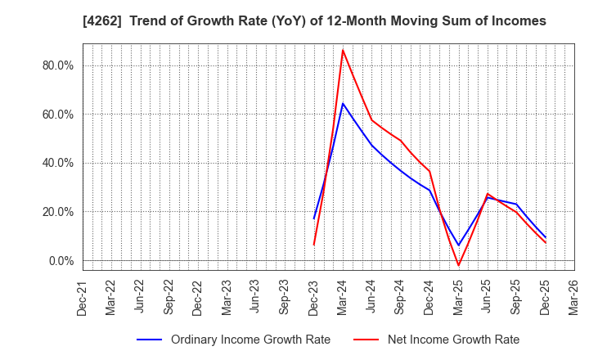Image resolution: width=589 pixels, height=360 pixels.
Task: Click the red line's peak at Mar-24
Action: click(343, 50)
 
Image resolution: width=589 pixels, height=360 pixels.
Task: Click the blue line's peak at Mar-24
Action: click(343, 103)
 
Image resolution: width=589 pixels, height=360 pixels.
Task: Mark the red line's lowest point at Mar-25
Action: click(459, 265)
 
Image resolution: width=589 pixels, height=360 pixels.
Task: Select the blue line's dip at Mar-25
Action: click(459, 245)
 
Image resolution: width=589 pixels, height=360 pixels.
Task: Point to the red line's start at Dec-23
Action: click(314, 245)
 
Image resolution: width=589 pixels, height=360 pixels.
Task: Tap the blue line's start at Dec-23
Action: click(314, 218)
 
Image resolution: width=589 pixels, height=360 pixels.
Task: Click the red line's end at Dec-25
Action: click(546, 242)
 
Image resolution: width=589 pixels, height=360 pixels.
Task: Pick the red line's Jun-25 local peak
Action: click(488, 194)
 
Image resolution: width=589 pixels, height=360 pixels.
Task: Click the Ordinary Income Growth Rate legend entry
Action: click(234, 340)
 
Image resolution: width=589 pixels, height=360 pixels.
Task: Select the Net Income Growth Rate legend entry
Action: click(438, 340)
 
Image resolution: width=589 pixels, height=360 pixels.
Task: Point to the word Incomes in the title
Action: click(518, 20)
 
